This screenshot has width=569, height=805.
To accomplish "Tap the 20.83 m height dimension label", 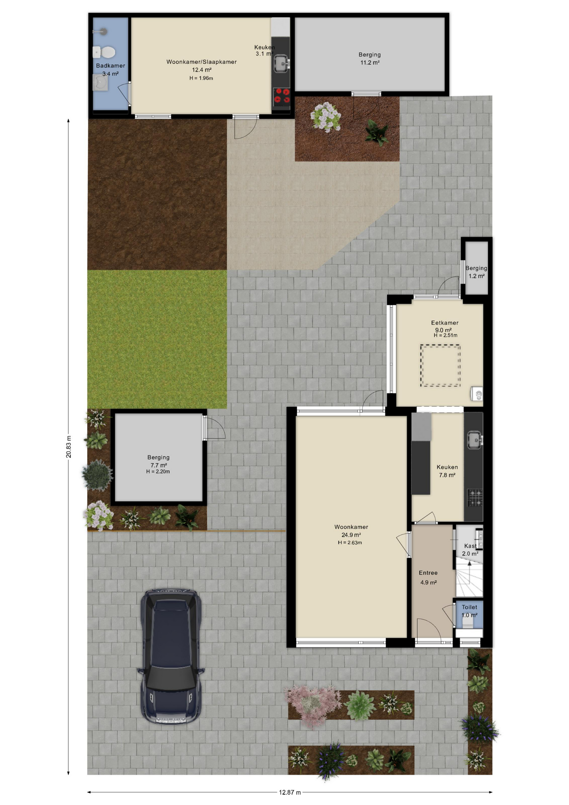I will pyautogui.click(x=69, y=447).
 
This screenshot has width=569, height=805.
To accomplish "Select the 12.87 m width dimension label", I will pyautogui.click(x=290, y=792).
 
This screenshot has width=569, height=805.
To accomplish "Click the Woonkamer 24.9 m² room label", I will pyautogui.click(x=351, y=531).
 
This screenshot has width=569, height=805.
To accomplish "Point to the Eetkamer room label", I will pyautogui.click(x=445, y=323).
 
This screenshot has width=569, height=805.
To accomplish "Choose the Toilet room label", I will pyautogui.click(x=469, y=607).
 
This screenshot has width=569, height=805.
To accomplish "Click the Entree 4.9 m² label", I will pyautogui.click(x=428, y=577).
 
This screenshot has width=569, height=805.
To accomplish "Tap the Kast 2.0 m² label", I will pyautogui.click(x=470, y=550).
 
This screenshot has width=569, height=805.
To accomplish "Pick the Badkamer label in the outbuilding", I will pyautogui.click(x=110, y=66).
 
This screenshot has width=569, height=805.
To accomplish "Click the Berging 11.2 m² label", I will pyautogui.click(x=370, y=58).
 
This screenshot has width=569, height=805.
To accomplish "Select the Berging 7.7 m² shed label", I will pyautogui.click(x=158, y=461).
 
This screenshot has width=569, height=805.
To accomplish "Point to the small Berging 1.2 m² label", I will pyautogui.click(x=476, y=272).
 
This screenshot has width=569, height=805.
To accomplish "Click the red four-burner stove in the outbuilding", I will pyautogui.click(x=282, y=96).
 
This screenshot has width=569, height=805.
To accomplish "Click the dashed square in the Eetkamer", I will pyautogui.click(x=440, y=366).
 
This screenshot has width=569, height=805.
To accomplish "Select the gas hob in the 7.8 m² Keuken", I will pyautogui.click(x=475, y=498).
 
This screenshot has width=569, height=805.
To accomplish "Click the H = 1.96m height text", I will pyautogui.click(x=201, y=78).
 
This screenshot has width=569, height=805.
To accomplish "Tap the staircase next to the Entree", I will pyautogui.click(x=469, y=579).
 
